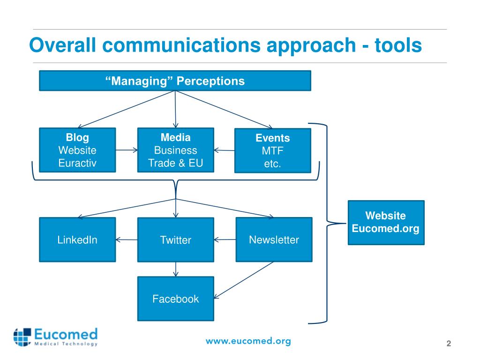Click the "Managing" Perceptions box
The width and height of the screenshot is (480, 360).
175,81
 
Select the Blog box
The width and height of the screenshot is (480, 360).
77,150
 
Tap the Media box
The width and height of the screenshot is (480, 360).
176,150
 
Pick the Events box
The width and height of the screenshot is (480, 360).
273,150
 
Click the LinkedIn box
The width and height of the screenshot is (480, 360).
77,240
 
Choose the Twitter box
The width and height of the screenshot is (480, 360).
176,240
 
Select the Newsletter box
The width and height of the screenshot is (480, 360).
274,240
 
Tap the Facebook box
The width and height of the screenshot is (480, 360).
176,299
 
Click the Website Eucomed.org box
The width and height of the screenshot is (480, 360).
386,223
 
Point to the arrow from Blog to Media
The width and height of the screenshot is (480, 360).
127,150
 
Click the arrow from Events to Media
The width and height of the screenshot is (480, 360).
225,150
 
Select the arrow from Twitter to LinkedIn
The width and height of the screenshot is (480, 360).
127,240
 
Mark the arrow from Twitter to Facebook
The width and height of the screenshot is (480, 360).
176,270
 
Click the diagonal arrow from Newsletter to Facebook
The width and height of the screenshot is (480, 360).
244,280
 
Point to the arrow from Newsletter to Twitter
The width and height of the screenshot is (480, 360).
225,240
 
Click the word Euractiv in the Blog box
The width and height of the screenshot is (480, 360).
77,163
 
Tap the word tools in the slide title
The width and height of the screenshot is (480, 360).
398,45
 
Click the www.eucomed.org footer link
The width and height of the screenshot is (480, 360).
248,341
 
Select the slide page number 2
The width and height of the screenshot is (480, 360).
449,344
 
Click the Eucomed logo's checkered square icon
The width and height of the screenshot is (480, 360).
22,337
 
